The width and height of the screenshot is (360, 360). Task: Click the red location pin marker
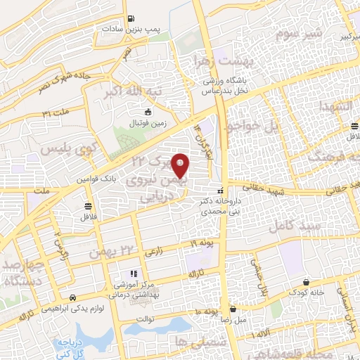pos(181,166)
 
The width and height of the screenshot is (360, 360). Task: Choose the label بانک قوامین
pos(100,180)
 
